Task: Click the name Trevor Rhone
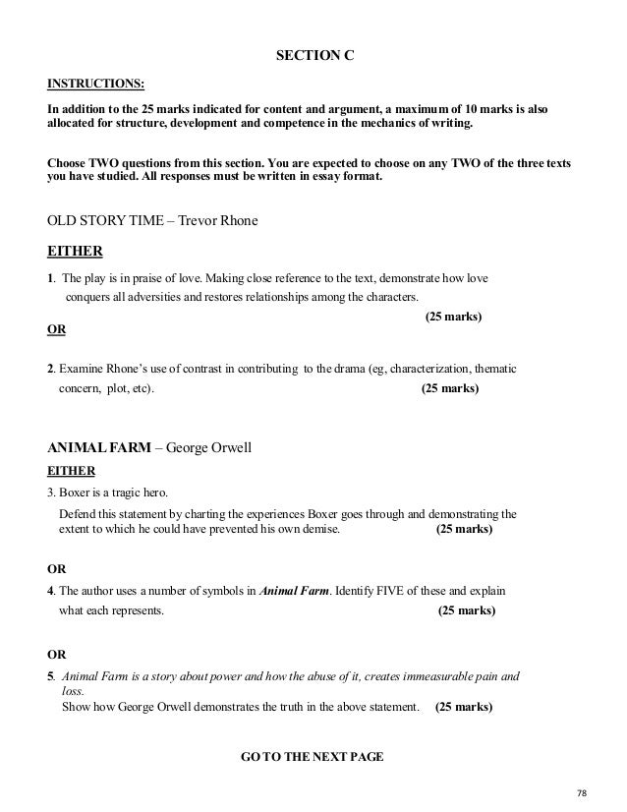(217, 220)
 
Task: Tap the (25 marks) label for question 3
(464, 529)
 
